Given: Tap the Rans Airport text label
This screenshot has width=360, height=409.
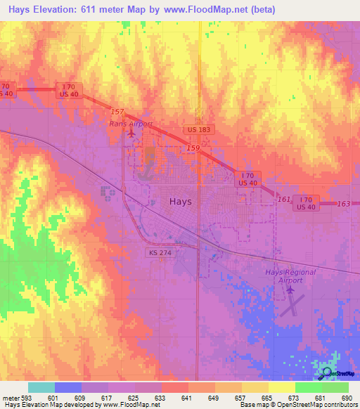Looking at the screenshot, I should pos(131,124).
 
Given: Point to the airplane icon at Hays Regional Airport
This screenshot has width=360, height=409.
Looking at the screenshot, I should pos(290,289).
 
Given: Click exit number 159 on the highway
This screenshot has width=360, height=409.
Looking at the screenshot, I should pos(193,148).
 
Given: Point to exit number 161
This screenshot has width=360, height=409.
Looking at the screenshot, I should pos(283,200).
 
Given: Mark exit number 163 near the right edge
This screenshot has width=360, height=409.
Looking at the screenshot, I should pos(343,204).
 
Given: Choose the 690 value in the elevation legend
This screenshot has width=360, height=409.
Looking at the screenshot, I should pos(347,398).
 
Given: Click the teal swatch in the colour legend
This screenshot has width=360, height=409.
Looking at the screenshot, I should pos(41,387).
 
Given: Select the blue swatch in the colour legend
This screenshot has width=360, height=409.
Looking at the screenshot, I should pos(68,387).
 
